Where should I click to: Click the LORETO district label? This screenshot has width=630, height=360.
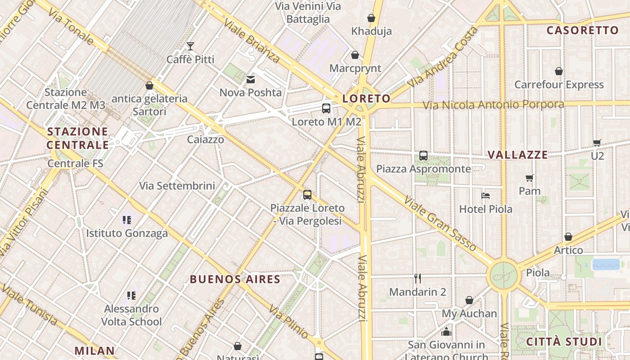366,99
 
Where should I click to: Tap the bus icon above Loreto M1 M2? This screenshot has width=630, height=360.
326,108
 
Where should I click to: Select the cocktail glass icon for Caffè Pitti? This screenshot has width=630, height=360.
190,46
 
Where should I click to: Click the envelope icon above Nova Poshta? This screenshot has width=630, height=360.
250,80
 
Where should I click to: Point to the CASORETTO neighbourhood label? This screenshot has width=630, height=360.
582,31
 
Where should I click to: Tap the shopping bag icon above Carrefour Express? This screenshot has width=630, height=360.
559,71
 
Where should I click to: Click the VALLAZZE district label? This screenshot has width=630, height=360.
517,155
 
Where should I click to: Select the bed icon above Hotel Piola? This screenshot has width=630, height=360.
486,196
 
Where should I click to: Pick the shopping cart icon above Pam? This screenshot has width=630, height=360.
530,178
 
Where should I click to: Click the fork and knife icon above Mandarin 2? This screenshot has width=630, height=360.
418,279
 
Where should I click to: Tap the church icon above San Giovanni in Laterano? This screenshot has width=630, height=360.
446,332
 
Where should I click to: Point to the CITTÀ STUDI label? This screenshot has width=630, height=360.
564,342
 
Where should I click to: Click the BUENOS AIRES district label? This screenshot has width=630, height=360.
235,279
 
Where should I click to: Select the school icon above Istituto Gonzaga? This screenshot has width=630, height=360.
127,220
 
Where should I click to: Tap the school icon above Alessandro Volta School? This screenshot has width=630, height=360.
131,296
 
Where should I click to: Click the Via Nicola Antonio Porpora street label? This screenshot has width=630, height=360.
493,105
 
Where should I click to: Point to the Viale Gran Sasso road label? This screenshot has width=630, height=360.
440,223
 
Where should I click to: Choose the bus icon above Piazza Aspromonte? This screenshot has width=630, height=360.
423,156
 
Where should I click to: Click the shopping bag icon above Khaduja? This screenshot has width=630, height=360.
371,18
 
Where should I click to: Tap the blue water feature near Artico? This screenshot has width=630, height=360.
606,264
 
